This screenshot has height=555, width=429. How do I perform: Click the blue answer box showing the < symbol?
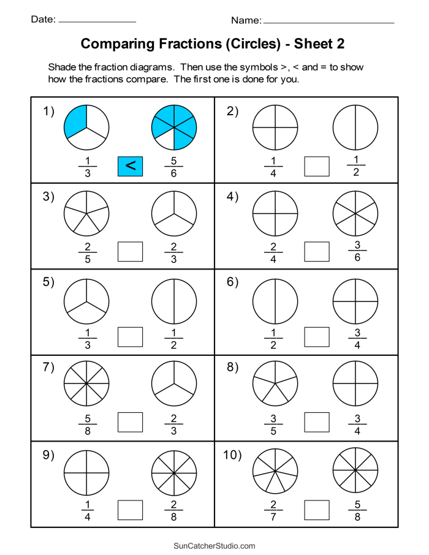(130, 166)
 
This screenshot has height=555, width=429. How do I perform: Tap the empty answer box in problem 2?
(317, 166)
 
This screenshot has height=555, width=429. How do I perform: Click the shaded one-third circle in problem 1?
(86, 127)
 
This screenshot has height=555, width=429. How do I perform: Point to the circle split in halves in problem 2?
(356, 127)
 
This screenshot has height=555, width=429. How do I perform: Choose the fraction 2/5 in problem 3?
(86, 252)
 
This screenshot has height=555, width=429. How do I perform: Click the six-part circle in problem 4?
(356, 213)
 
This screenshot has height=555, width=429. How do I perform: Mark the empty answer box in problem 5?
(130, 337)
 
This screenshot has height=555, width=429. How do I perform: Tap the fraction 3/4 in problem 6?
(356, 338)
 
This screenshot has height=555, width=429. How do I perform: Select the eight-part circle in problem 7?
(86, 384)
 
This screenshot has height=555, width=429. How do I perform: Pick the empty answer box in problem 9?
(130, 510)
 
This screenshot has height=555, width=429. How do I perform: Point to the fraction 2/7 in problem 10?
(273, 510)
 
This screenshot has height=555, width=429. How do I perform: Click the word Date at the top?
(43, 20)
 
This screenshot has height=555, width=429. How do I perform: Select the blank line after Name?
(328, 22)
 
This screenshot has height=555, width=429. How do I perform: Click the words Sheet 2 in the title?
(319, 44)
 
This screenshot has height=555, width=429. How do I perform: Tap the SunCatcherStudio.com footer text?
(214, 546)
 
